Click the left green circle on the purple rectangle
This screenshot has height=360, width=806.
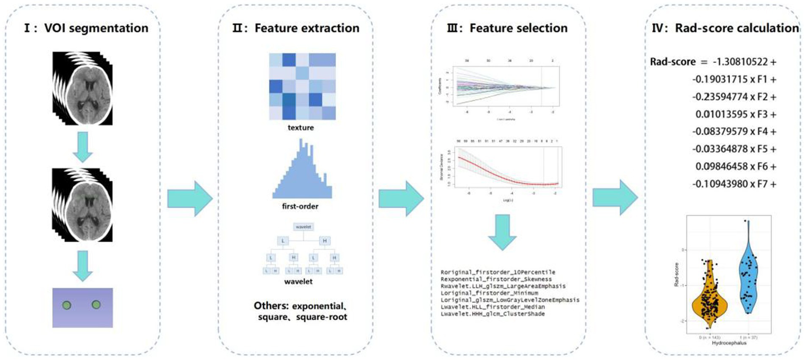pyautogui.click(x=66, y=304)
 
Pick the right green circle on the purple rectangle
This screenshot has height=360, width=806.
pyautogui.click(x=96, y=304)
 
